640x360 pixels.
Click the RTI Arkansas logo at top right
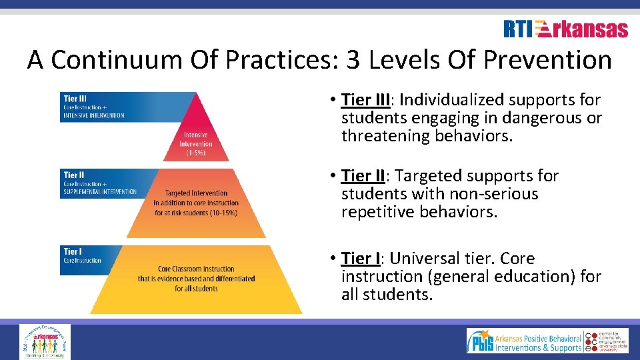point(565,29)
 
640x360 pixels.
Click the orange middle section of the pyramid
point(195,203)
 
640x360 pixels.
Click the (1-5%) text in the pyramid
point(195,153)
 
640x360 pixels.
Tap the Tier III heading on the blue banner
point(75,99)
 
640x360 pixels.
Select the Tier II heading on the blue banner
point(73,175)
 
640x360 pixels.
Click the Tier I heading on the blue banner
point(72,251)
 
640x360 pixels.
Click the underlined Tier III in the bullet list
point(365,100)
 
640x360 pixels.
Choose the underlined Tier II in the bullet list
point(363,176)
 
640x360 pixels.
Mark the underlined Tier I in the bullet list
point(361,259)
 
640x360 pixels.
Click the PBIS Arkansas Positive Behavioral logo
point(525,341)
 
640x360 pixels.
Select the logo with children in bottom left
point(45,341)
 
